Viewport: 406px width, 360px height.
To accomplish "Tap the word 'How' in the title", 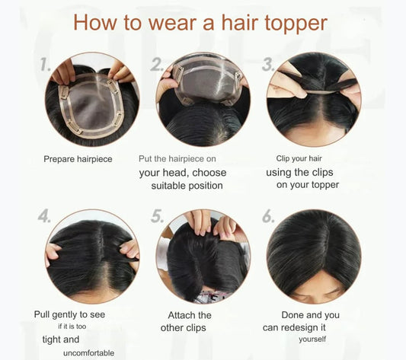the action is (95, 23).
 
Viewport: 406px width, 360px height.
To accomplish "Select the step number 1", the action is (46, 64).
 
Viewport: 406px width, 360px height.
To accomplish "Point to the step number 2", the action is (157, 64).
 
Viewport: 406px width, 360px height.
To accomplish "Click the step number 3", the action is (268, 64).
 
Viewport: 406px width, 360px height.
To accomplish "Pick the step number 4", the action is (44, 215).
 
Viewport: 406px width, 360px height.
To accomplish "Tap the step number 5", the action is (157, 215).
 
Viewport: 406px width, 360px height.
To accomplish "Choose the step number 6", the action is (268, 215).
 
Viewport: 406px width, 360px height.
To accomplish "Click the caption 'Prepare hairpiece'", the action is (78, 159).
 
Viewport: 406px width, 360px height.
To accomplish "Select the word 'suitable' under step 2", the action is (168, 186).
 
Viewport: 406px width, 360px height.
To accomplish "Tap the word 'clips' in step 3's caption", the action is (322, 172).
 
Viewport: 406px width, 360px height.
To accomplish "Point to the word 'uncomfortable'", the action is (88, 353).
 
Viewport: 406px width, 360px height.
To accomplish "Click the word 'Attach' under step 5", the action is (181, 315).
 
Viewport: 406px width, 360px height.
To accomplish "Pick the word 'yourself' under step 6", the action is (312, 339).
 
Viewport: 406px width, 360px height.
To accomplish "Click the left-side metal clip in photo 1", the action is (64, 93).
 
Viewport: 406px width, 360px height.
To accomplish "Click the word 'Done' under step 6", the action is (293, 315).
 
